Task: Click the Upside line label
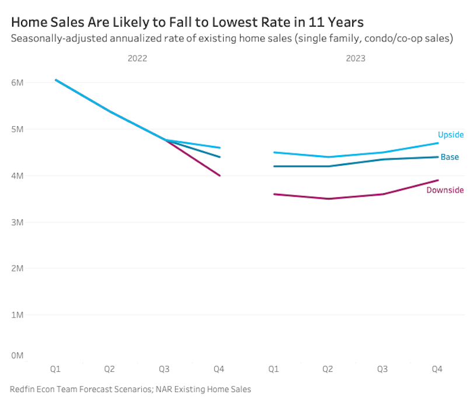tap(450, 135)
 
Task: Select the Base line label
tap(449, 157)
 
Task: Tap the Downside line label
tap(444, 190)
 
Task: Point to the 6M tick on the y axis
tap(17, 82)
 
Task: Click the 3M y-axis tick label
tap(17, 222)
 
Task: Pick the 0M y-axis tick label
tap(17, 355)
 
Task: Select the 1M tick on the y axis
tap(17, 315)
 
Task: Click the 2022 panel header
tap(137, 58)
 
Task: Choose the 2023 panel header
tap(355, 58)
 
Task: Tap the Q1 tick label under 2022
tap(55, 369)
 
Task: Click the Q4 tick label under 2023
tap(437, 369)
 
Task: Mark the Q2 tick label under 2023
tap(328, 369)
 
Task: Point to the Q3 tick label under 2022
tap(165, 369)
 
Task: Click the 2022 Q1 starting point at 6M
tap(56, 80)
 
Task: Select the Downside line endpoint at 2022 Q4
tap(220, 175)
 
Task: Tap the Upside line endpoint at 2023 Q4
tap(437, 143)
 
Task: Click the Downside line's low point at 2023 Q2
tap(328, 198)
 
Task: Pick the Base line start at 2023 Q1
tap(274, 166)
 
